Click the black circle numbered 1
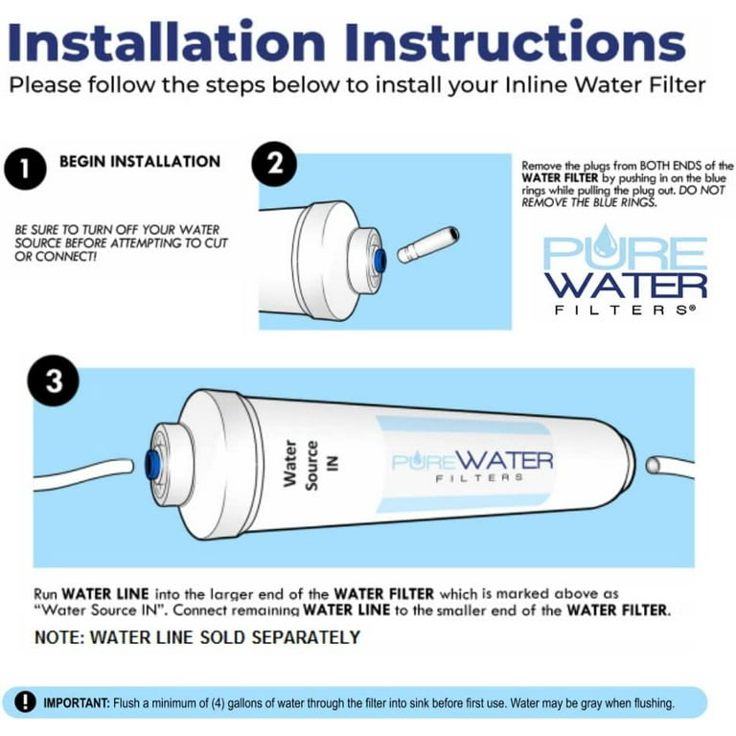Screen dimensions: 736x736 coord(25,172)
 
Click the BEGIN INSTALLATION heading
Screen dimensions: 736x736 coord(140,162)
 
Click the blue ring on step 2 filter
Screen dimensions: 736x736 coord(379,259)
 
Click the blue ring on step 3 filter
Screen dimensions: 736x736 coord(152,465)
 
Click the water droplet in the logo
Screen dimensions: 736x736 coord(606,241)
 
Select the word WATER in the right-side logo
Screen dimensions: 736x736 coord(626,285)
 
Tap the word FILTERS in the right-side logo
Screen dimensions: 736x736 coord(626,310)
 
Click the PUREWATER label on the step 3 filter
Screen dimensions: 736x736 coord(471,463)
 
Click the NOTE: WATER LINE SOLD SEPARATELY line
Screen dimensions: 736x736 coord(197,637)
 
